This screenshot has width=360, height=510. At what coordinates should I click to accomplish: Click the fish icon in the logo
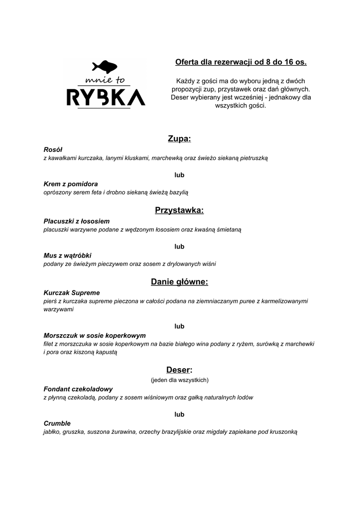[x=105, y=66]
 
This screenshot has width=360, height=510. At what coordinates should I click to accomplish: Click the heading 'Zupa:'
[x=179, y=138]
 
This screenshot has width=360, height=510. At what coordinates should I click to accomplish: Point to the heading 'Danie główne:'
[x=179, y=282]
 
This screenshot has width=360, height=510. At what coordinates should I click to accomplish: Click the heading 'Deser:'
[x=179, y=370]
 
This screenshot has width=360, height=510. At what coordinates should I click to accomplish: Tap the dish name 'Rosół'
[x=53, y=149]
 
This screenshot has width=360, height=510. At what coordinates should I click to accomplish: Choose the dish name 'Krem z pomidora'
[x=71, y=183]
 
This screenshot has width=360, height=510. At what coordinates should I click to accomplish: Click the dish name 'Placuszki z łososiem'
[x=77, y=221]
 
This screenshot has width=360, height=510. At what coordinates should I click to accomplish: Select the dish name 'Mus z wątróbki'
[x=67, y=255]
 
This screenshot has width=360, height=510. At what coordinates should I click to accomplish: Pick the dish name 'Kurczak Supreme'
[x=72, y=293]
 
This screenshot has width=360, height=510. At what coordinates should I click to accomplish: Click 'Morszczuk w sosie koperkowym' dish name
[x=95, y=335]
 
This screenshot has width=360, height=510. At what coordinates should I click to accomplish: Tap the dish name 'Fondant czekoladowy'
[x=78, y=389]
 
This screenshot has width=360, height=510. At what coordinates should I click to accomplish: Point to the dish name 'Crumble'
[x=57, y=423]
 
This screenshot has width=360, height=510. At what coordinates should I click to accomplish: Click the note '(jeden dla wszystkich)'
[x=179, y=380]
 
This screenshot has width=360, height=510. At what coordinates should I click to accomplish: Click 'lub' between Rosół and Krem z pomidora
[x=179, y=175]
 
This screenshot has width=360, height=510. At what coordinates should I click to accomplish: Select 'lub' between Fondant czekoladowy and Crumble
[x=179, y=414]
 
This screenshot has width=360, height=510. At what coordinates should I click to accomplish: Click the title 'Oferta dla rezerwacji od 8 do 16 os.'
[x=241, y=62]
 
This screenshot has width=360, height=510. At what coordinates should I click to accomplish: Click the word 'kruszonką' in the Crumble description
[x=282, y=432]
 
